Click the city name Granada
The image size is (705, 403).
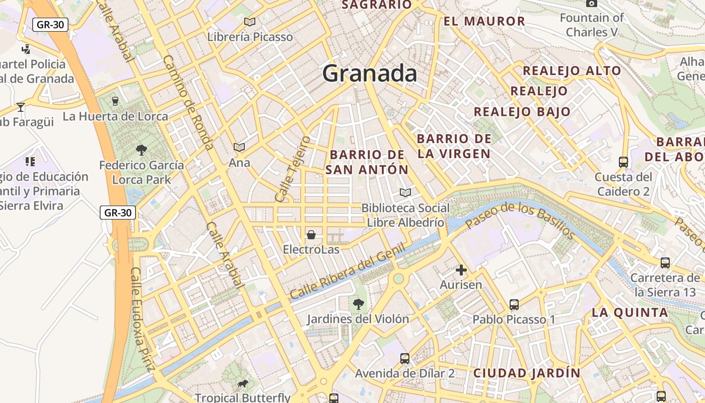coord(370,74)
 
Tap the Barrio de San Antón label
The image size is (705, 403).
coord(367,162)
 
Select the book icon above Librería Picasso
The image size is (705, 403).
coord(250,22)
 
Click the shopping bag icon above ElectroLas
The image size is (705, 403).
coord(311,235)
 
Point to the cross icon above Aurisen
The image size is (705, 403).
coord(461,270)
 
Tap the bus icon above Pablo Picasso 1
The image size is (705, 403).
coord(514,304)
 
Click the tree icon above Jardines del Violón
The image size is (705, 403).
coord(358,304)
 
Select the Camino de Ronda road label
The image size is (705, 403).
coord(188,102)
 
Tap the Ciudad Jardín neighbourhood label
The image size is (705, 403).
coord(527,373)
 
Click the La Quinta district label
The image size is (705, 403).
coord(629,312)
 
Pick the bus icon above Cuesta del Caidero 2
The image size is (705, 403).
coord(623,162)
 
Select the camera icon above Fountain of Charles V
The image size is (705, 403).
coord(592,4)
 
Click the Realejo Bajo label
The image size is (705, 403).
coord(522,112)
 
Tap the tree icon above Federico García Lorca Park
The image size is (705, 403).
coord(141,150)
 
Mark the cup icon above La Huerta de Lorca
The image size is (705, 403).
coord(115,101)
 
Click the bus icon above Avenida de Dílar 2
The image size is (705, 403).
coord(404,359)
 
